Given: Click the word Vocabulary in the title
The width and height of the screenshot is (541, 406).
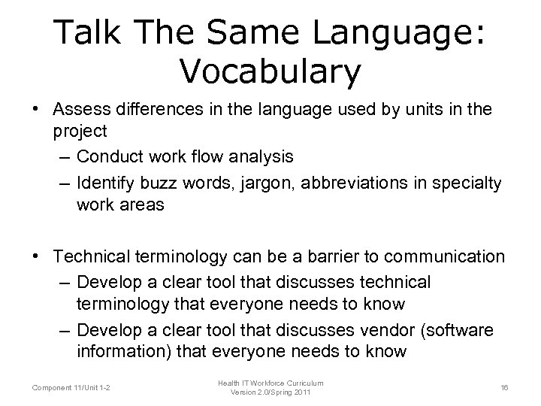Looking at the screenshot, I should pyautogui.click(x=270, y=71).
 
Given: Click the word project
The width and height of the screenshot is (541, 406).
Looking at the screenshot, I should pyautogui.click(x=80, y=130).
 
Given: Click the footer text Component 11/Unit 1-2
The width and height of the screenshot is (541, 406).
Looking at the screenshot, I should pyautogui.click(x=71, y=387).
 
